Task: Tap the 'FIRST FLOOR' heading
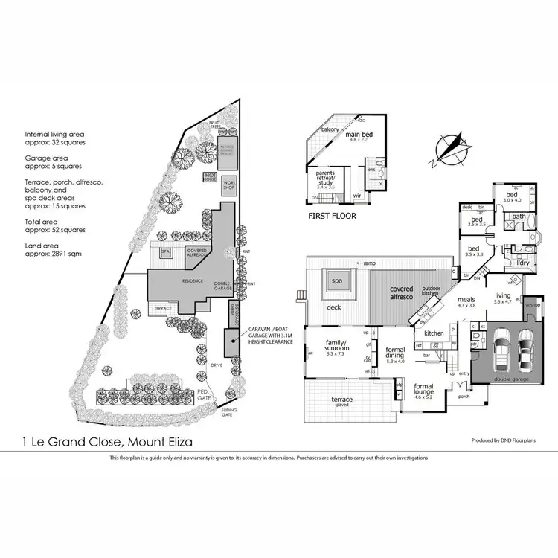point(332,216)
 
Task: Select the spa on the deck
point(336,281)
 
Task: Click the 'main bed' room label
point(359,134)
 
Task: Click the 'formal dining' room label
point(394,353)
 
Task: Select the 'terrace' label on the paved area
point(341,400)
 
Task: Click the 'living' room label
point(504,296)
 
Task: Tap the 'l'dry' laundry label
point(523,263)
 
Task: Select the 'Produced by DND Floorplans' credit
point(503,440)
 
